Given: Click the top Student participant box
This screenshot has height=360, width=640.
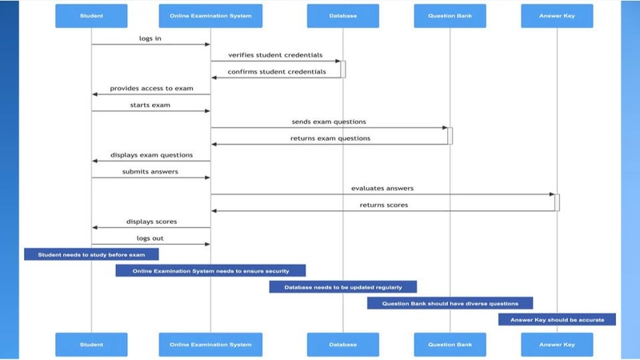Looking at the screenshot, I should click(91, 16).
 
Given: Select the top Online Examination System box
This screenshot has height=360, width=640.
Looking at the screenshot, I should click(210, 16).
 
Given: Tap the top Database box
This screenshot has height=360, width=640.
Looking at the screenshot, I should click(342, 16).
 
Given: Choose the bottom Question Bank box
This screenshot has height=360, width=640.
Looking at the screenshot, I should click(450, 345).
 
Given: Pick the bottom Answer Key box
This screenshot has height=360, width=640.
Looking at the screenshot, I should click(557, 345).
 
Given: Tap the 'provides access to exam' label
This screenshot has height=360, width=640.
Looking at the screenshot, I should click(150, 89).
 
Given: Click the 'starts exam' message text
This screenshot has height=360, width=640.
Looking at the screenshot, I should click(150, 105).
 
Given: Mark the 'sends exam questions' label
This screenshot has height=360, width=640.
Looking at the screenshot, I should click(329, 122).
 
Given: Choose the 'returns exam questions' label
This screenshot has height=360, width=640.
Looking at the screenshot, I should click(330, 138).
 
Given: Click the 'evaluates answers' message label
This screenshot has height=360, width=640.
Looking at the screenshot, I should click(382, 188).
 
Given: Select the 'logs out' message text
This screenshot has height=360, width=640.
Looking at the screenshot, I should click(151, 238).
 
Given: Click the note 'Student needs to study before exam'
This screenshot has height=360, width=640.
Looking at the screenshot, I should click(91, 254).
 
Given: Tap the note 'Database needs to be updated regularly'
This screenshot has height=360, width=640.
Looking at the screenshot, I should click(342, 287).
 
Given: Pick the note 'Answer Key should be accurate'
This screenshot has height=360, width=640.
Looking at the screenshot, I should click(557, 320).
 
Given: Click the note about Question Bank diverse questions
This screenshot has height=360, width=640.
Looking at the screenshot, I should click(450, 304).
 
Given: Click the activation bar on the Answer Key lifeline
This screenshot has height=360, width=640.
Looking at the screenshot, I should click(557, 202).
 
